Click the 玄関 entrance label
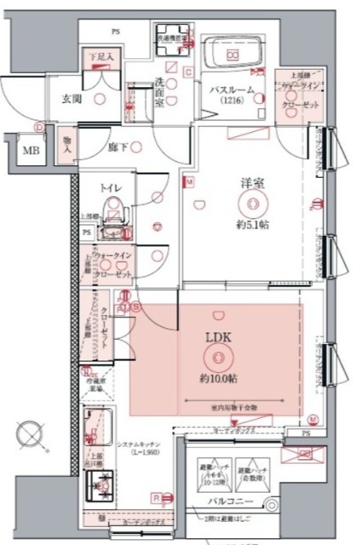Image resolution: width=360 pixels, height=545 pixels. (x=71, y=98)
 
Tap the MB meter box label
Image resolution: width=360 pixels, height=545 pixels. (x=30, y=152)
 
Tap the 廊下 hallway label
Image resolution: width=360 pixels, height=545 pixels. (x=118, y=146)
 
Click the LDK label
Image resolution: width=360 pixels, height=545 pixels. (x=215, y=337)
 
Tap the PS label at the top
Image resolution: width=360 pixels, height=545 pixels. (x=114, y=32)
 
